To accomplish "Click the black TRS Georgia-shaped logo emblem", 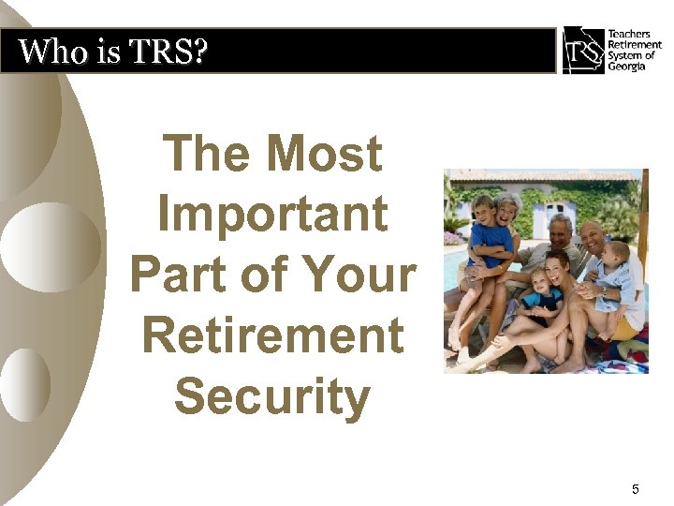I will coord(582,50).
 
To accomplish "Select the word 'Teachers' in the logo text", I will coord(629,35).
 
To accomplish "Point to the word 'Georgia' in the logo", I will coord(626,67).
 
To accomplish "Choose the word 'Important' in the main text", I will coord(272,214).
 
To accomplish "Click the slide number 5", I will coord(636,488).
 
